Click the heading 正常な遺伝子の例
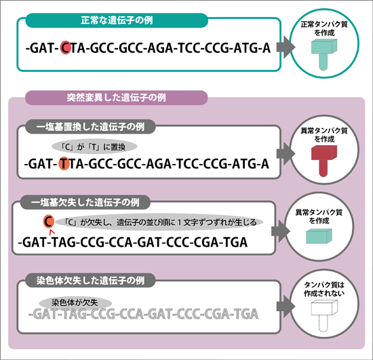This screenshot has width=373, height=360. click(117, 20)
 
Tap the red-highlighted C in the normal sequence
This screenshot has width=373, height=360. click(65, 47)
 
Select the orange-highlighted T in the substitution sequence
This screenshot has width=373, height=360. click(64, 163)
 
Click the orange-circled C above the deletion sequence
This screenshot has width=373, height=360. click(49, 222)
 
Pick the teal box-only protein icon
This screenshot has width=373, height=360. click(319, 236)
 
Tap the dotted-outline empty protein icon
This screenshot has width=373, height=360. click(324, 316)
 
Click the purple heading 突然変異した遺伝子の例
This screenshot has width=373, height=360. click(117, 98)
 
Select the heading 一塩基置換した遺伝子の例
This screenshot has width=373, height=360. click(90, 127)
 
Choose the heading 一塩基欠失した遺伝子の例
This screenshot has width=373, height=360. click(85, 203)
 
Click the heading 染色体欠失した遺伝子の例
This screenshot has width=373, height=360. click(90, 281)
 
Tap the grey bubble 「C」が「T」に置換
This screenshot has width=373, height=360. click(94, 146)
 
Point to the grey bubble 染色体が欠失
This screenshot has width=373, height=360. click(75, 302)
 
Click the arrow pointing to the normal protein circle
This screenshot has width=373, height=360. click(286, 47)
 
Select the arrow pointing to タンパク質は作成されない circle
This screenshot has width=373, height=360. click(286, 306)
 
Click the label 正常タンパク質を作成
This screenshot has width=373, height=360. click(324, 28)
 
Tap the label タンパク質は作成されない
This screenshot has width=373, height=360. click(324, 289)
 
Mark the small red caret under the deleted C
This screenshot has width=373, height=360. click(52, 231)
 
